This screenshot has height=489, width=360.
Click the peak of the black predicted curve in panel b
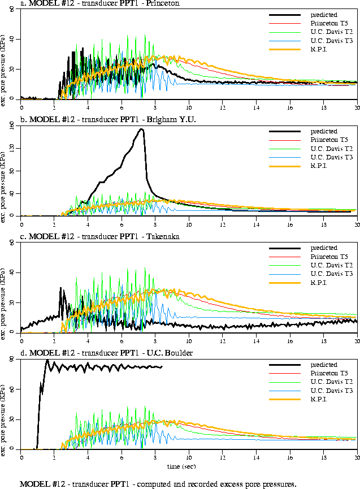click(x=141, y=129)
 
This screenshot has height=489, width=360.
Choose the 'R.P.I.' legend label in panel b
click(x=320, y=166)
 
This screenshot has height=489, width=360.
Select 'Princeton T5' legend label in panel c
click(x=328, y=257)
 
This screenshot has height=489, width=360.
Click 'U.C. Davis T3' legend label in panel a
click(x=329, y=41)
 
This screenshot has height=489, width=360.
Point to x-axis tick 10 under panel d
click(x=189, y=456)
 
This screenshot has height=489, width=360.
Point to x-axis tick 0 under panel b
click(x=21, y=223)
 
